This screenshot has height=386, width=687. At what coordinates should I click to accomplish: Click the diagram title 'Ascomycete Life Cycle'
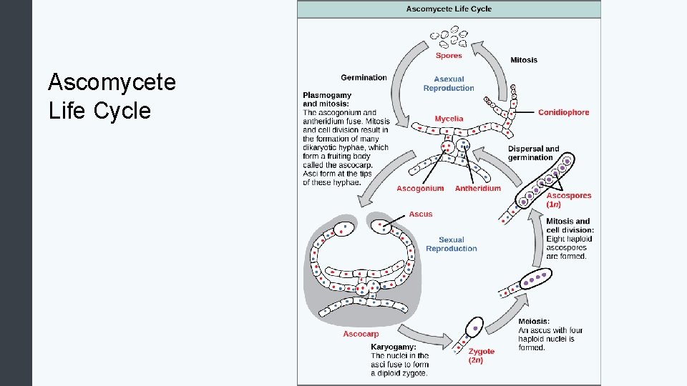click(x=449, y=9)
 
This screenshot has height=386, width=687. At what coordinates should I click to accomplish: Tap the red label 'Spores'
click(x=449, y=56)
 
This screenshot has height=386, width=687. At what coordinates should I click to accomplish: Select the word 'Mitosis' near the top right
click(x=524, y=60)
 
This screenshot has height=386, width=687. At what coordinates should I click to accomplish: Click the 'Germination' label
click(x=364, y=77)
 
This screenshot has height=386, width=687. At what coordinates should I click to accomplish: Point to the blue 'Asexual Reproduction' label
click(x=449, y=84)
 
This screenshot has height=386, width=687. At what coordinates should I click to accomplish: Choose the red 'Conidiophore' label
click(x=563, y=112)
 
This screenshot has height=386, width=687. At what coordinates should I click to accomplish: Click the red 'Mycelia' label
click(x=449, y=119)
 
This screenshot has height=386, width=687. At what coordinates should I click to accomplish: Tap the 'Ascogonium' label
click(x=420, y=189)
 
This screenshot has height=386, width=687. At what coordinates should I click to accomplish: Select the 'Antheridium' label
click(x=478, y=189)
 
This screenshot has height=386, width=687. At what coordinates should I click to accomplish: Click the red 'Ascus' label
click(x=421, y=214)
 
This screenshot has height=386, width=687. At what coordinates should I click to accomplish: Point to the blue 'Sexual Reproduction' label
click(x=451, y=244)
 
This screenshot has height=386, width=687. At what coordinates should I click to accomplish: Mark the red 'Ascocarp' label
click(x=361, y=334)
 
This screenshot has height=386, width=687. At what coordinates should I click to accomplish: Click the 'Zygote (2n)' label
click(x=481, y=355)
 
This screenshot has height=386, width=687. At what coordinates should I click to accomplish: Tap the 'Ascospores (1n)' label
click(x=568, y=199)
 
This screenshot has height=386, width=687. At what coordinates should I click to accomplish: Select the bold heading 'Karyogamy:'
click(x=394, y=347)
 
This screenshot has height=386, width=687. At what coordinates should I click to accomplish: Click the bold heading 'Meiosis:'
click(x=534, y=322)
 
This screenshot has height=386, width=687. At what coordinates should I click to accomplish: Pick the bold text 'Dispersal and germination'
click(x=533, y=153)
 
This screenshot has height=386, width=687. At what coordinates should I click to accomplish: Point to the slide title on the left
click(x=112, y=96)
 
